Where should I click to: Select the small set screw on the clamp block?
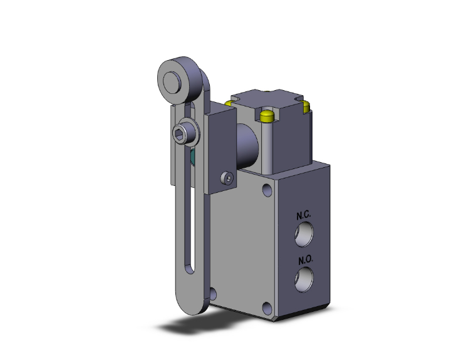227,180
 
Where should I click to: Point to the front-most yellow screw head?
267,116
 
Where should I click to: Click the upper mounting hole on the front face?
267,188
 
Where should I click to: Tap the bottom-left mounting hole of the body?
215,292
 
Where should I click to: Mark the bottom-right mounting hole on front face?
267,307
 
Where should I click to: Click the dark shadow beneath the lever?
188,326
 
